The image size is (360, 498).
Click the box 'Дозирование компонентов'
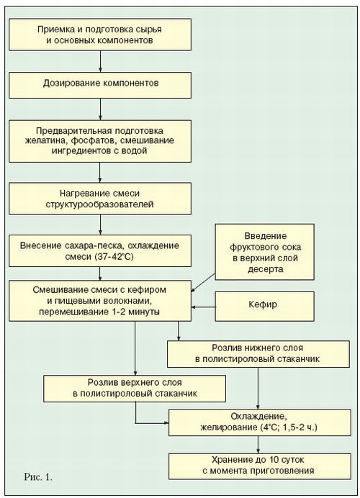pyautogui.click(x=100, y=85)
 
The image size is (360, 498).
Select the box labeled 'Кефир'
pyautogui.click(x=265, y=307)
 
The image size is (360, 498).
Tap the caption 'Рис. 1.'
pyautogui.click(x=38, y=476)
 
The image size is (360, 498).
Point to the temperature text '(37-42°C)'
pyautogui.click(x=114, y=256)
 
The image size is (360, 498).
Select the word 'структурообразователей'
pyautogui.click(x=100, y=204)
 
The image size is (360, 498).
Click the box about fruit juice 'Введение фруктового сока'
pyautogui.click(x=265, y=252)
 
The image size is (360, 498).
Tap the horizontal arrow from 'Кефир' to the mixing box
pyautogui.click(x=203, y=307)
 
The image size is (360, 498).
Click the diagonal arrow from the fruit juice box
pyautogui.click(x=203, y=283)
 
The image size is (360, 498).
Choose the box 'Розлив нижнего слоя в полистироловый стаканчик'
pyautogui.click(x=258, y=354)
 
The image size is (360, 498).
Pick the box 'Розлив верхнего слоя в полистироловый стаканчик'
pyautogui.click(x=135, y=389)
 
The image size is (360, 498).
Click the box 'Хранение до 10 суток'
pyautogui.click(x=260, y=466)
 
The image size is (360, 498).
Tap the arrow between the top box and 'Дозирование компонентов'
pyautogui.click(x=100, y=61)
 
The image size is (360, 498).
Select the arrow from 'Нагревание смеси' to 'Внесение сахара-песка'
pyautogui.click(x=100, y=225)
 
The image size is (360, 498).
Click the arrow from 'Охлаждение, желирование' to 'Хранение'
pyautogui.click(x=258, y=444)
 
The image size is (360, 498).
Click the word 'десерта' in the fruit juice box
pyautogui.click(x=265, y=269)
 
